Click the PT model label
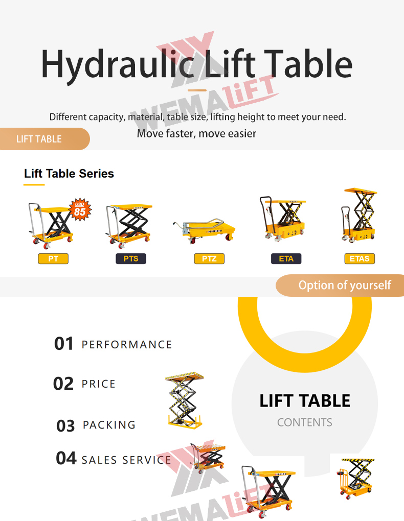[53, 259]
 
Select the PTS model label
[131, 259]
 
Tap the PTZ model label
[209, 259]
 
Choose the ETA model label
[286, 259]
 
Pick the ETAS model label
[360, 259]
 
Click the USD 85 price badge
[80, 209]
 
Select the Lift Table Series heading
[69, 174]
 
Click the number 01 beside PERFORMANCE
[64, 344]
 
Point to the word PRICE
[99, 384]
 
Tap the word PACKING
[109, 425]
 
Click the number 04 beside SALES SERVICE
[66, 459]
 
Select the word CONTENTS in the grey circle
[304, 422]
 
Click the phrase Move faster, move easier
[196, 134]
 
